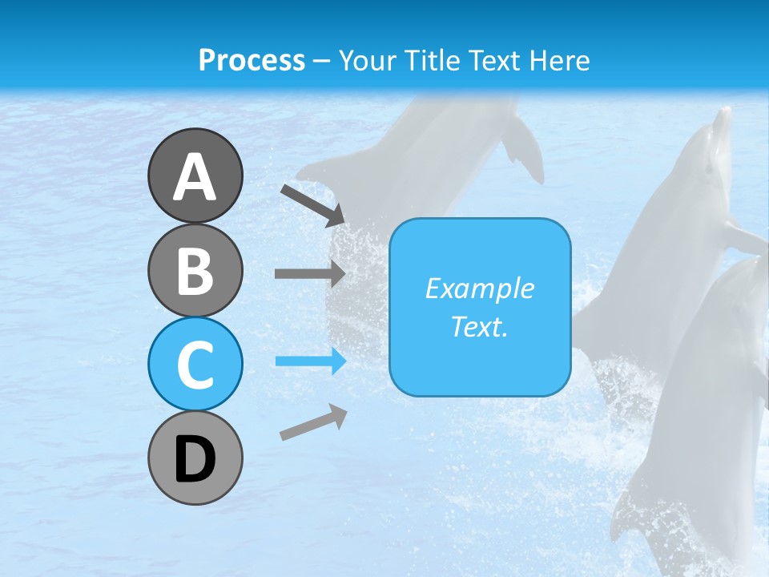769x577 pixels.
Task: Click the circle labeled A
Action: pos(195,176)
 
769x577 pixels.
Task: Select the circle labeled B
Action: pos(195,270)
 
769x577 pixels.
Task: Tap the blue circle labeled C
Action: pos(195,364)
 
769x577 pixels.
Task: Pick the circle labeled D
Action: pos(195,458)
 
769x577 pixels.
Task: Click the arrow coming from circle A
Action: pos(312,204)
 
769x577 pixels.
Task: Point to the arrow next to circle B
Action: pos(309,273)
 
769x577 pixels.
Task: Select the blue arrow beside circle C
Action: pos(311,361)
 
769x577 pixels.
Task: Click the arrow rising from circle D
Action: pos(313,422)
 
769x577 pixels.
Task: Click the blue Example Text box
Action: pos(480,307)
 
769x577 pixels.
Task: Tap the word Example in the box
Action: pos(480,288)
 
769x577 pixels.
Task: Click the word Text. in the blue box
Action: pos(480,326)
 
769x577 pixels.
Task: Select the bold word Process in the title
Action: pos(252,60)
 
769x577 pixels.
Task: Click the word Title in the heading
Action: pos(431,60)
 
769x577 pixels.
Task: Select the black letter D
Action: pos(195,460)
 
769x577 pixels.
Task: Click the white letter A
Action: pos(195,177)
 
